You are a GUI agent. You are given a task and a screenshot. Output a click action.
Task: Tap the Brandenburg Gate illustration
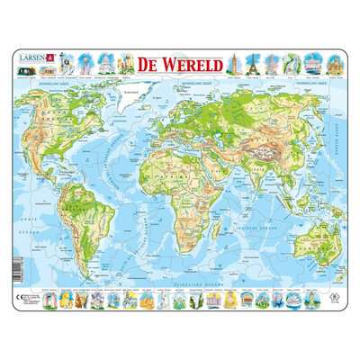pyautogui.click(x=312, y=63)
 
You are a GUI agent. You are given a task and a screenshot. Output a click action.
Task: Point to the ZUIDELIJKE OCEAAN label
pyautogui.click(x=180, y=280)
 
